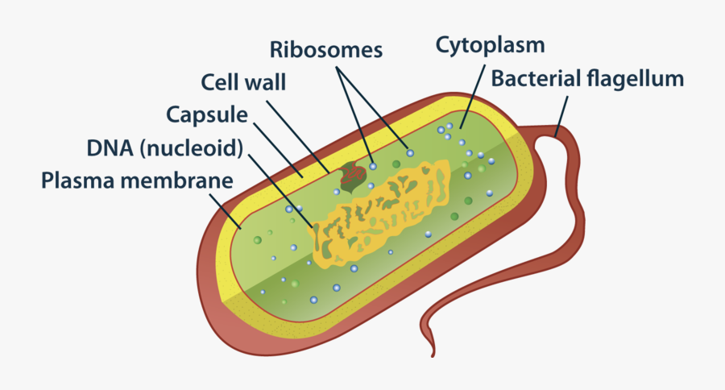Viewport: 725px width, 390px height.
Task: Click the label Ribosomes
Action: (x=325, y=50)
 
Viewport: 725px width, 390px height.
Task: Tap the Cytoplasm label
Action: (x=490, y=44)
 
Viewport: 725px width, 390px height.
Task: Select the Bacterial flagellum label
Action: (x=587, y=79)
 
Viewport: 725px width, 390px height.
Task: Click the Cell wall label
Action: (x=242, y=82)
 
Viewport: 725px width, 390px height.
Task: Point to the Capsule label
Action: (x=206, y=114)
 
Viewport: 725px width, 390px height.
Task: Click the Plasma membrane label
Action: (x=137, y=179)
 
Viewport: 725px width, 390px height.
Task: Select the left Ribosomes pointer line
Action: (x=355, y=113)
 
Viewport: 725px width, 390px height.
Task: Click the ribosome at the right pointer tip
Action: (x=409, y=152)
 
